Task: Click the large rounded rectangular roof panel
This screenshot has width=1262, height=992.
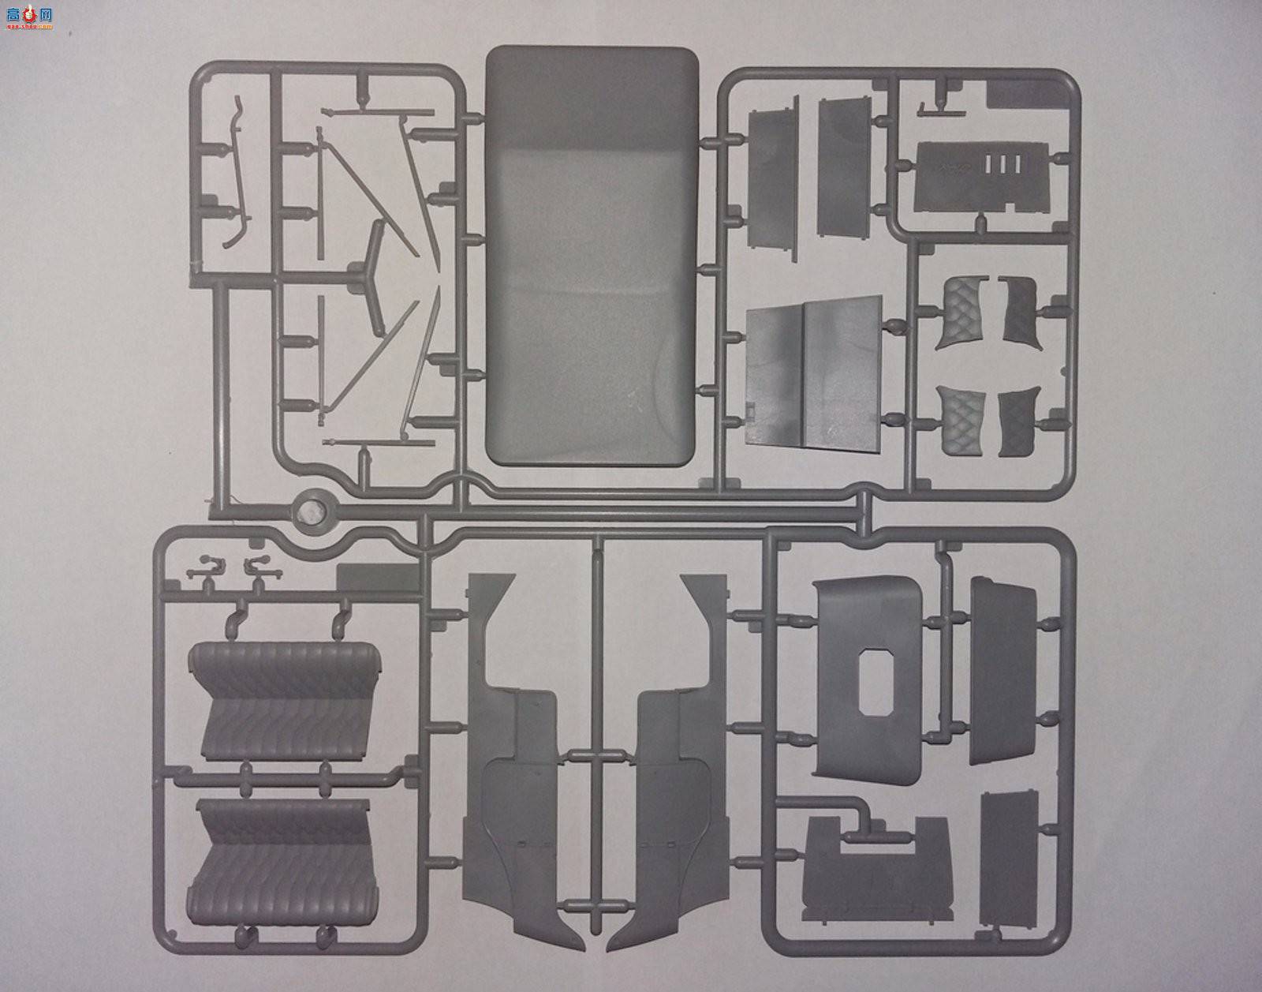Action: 592,253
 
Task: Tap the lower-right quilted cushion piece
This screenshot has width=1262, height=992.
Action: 1016,422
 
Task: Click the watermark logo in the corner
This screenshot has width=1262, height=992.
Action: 28,16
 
